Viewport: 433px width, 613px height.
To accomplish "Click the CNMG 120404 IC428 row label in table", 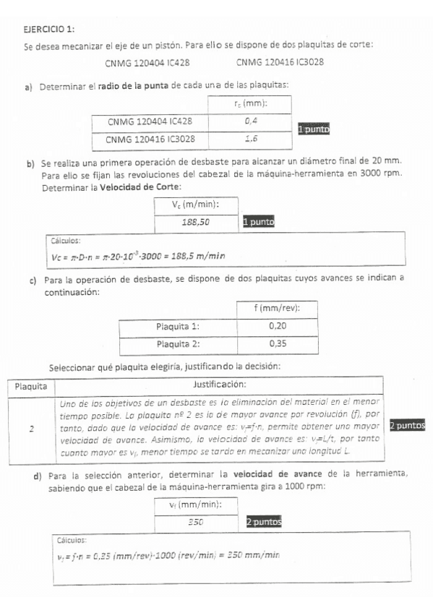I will coord(150,121).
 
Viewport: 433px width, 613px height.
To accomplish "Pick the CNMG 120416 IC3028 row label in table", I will coord(150,139).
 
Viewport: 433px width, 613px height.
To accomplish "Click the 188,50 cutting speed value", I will coord(195,222).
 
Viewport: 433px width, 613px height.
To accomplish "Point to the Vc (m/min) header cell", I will coord(195,205).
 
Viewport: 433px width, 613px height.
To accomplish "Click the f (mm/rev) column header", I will coord(277,309).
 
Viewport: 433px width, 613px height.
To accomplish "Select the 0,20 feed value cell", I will coord(277,326).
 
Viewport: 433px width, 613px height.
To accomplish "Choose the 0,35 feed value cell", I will coord(277,344).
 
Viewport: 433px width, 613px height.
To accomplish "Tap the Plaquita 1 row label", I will coord(178,326).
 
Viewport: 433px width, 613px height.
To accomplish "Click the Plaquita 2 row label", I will coord(178,344).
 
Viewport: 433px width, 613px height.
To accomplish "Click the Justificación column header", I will coord(220,385).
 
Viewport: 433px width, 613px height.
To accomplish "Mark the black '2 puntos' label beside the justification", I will coord(407,426).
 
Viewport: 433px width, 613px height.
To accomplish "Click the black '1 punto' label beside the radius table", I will coord(314,129).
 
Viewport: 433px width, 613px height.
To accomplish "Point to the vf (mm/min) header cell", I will coord(195,505).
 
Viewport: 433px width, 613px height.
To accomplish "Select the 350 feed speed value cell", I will coord(195,522).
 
